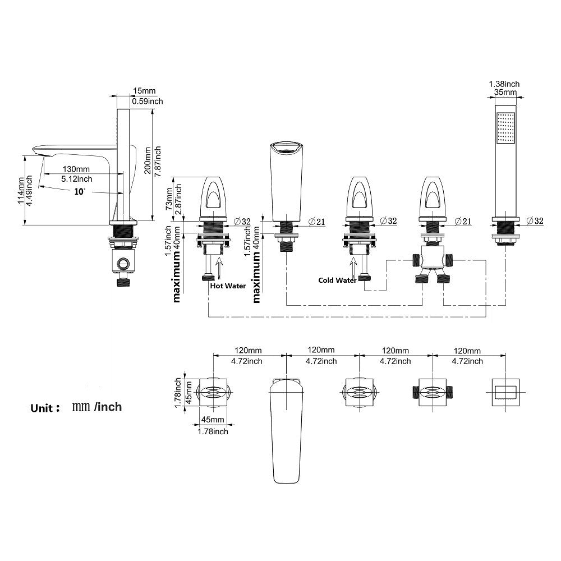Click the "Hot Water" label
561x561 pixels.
pyautogui.click(x=228, y=286)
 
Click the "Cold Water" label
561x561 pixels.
pyautogui.click(x=337, y=280)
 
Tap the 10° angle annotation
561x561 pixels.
pyautogui.click(x=80, y=192)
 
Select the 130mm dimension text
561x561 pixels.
pyautogui.click(x=76, y=169)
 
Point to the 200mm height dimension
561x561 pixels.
pyautogui.click(x=148, y=160)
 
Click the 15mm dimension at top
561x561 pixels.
pyautogui.click(x=144, y=91)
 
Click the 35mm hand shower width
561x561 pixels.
pyautogui.click(x=505, y=93)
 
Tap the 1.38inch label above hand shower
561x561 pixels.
pyautogui.click(x=504, y=84)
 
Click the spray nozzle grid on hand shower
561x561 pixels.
pyautogui.click(x=505, y=128)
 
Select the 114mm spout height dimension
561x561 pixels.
pyautogui.click(x=21, y=190)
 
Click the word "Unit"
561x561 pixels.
pyautogui.click(x=42, y=408)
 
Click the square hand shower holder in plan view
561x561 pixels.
pyautogui.click(x=505, y=392)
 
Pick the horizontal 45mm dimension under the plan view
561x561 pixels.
pyautogui.click(x=213, y=419)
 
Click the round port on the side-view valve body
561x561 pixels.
pyautogui.click(x=122, y=264)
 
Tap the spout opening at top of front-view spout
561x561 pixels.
pyautogui.click(x=286, y=148)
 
